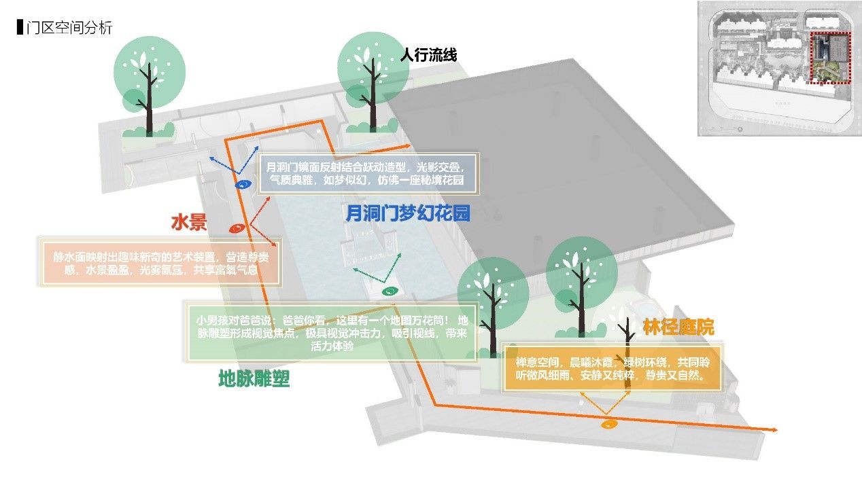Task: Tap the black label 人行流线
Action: (x=429, y=54)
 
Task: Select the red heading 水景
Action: (x=188, y=223)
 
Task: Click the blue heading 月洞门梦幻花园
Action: (x=408, y=214)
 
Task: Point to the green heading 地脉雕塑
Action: (x=254, y=378)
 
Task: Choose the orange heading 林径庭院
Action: (x=678, y=327)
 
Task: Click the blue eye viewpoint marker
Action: (x=243, y=184)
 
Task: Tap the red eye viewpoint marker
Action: (x=237, y=228)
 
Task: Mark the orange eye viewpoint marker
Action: (x=610, y=425)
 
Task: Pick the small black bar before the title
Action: (x=19, y=29)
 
